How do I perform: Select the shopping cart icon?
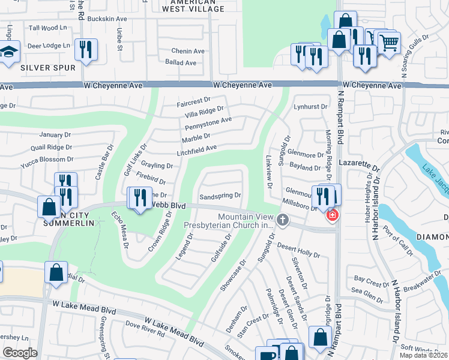click(389, 43)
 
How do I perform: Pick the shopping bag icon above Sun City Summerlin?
click(49, 207)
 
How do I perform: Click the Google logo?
click(20, 352)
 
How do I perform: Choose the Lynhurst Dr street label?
click(311, 107)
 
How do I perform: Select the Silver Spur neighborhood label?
click(48, 68)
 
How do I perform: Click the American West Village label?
click(194, 6)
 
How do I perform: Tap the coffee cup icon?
click(266, 355)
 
